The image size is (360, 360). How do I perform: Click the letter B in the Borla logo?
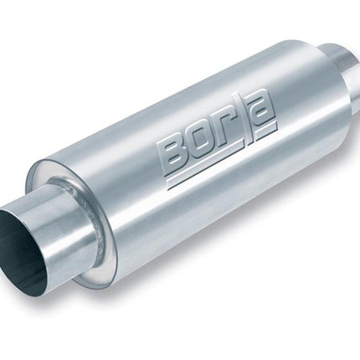(x=173, y=152)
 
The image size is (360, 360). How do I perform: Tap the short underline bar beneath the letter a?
(x=266, y=131)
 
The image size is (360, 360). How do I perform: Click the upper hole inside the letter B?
(x=174, y=147)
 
